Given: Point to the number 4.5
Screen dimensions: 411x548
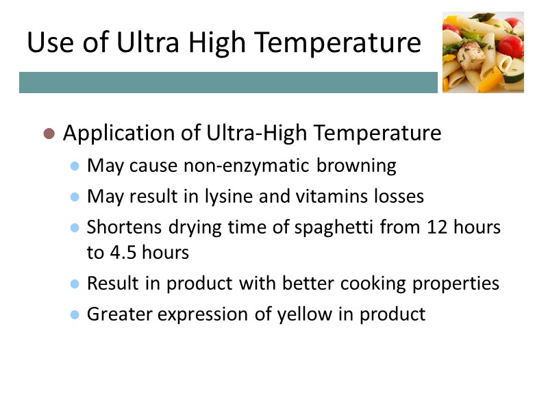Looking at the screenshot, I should (x=121, y=252).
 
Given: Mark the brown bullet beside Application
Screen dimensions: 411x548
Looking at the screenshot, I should (x=49, y=134).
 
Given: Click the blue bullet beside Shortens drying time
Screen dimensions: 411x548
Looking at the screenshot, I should (x=75, y=228).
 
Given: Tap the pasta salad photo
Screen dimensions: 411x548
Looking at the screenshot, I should (x=483, y=53).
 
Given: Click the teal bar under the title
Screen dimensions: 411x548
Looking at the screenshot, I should (x=228, y=83).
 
